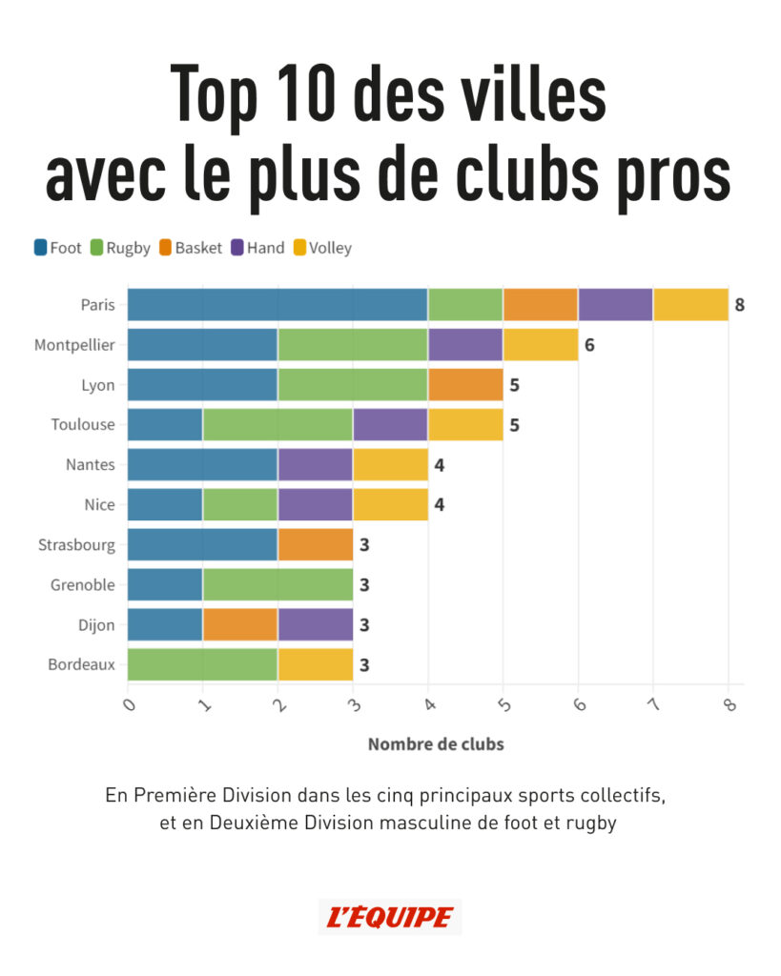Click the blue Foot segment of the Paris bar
point(277,305)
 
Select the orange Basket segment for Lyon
point(465,385)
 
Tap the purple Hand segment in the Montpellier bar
point(465,345)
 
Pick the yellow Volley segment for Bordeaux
point(316,664)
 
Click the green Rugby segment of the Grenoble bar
point(277,584)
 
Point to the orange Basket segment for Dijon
point(240,624)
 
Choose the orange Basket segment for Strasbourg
point(316,544)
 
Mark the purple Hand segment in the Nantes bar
point(316,465)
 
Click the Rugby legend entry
point(120,248)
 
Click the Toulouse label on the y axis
point(83,425)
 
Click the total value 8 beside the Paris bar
point(739,305)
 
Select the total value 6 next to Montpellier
point(589,345)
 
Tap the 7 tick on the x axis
point(654,706)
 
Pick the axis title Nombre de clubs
point(436,744)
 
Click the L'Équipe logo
point(390,917)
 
